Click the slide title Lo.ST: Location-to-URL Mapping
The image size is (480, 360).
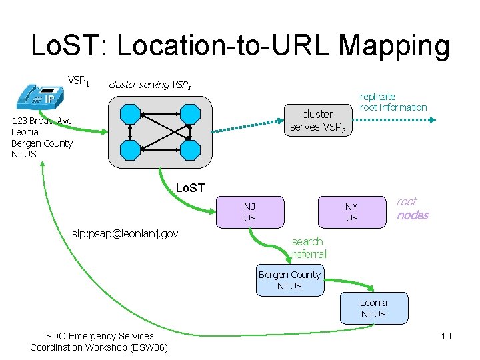(240, 45)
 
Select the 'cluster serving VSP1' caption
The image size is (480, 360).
(150, 85)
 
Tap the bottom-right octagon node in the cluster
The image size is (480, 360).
(191, 149)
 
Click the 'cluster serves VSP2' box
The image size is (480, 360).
(317, 121)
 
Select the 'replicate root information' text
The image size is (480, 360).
(393, 102)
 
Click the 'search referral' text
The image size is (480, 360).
(309, 247)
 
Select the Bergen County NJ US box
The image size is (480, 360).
(289, 280)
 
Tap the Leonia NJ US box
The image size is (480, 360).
(373, 308)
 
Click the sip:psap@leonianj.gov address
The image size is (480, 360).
(125, 234)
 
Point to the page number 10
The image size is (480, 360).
(445, 336)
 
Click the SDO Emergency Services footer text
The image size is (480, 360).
(99, 341)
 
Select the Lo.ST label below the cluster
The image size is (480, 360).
(189, 188)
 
